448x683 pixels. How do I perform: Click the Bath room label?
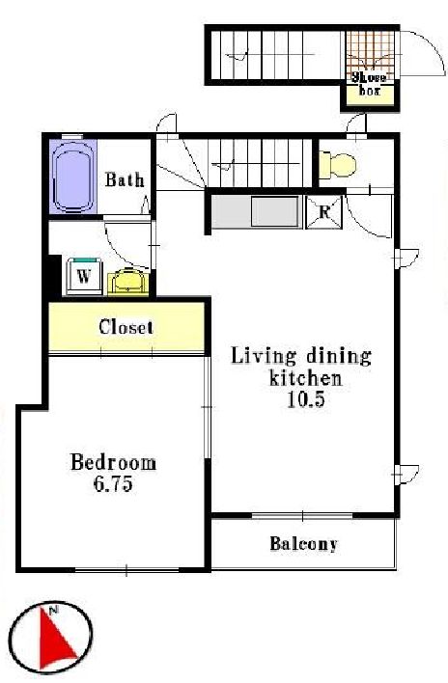tap(125, 179)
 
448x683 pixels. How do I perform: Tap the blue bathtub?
tap(73, 177)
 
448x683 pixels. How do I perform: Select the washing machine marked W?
tap(84, 277)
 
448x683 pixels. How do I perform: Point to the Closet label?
tap(126, 327)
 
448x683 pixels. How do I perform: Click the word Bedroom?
tap(113, 463)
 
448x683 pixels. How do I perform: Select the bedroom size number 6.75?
tap(114, 484)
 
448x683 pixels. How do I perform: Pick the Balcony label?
tap(304, 544)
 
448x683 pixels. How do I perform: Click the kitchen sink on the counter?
tap(276, 211)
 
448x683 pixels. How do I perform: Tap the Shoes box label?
tap(369, 84)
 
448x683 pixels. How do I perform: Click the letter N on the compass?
tap(55, 611)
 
